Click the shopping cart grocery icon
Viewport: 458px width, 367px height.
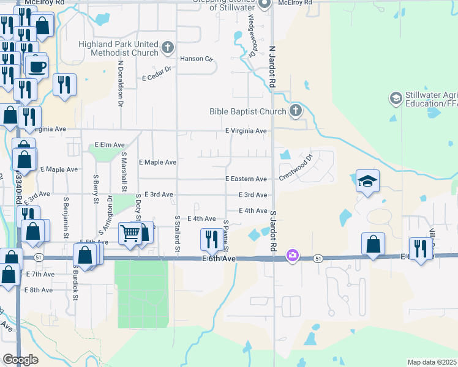(130, 233)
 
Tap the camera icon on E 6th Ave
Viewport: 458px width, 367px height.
(293, 254)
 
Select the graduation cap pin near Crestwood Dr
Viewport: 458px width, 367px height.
(367, 181)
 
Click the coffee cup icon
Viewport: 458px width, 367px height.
(37, 66)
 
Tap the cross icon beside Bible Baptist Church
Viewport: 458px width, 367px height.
(296, 111)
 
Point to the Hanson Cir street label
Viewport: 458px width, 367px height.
(196, 59)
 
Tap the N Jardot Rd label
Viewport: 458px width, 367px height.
(271, 67)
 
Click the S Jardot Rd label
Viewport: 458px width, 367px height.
(272, 232)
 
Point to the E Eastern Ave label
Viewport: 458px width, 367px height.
(246, 179)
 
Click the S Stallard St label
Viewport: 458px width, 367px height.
(177, 233)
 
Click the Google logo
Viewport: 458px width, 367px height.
(20, 360)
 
